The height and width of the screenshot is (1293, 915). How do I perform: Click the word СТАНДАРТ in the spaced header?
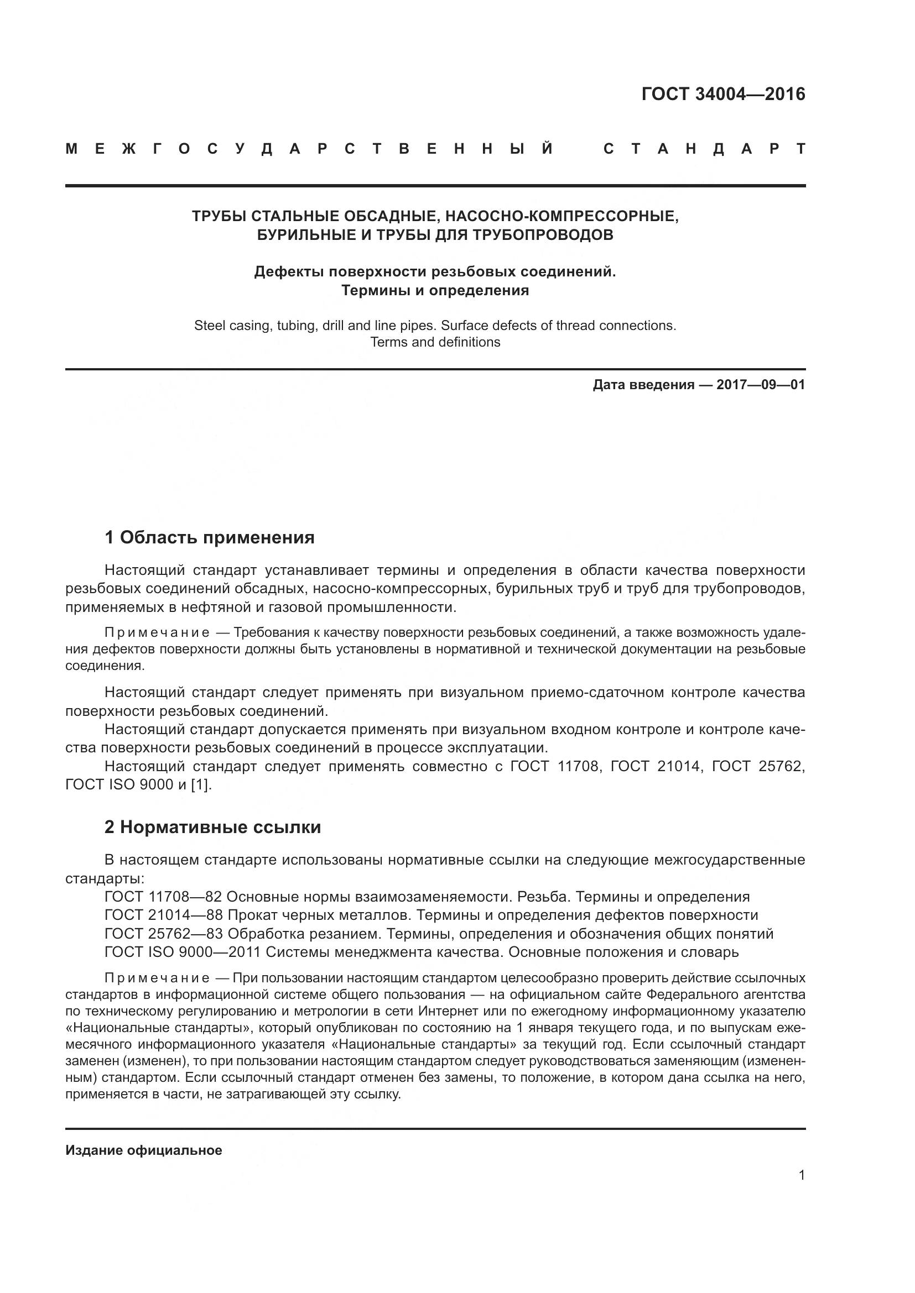704,149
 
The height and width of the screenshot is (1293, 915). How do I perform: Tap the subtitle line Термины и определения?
435,291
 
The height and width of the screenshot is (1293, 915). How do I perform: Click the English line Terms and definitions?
435,342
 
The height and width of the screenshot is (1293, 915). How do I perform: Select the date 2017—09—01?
761,385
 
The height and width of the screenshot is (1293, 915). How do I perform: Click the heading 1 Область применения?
209,538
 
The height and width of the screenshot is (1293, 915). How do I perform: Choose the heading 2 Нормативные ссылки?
212,828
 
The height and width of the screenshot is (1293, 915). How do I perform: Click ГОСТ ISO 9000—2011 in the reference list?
183,953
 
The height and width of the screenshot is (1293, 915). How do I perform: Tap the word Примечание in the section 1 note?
157,633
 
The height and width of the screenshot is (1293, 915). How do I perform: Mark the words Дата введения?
643,385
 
